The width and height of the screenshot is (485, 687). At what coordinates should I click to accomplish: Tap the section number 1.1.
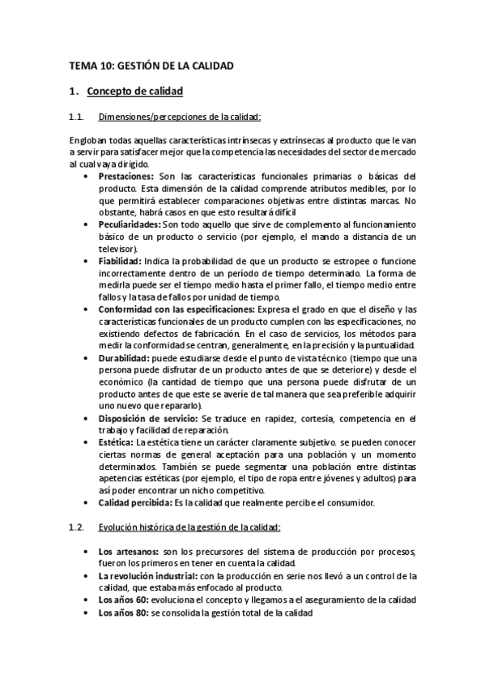point(77,117)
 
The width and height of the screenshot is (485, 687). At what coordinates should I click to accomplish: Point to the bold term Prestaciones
point(126,176)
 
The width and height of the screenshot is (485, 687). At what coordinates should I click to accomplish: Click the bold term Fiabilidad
point(119,261)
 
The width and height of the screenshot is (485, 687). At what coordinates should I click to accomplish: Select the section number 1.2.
point(77,527)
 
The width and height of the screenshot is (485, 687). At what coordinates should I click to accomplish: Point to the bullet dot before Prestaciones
point(87,176)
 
